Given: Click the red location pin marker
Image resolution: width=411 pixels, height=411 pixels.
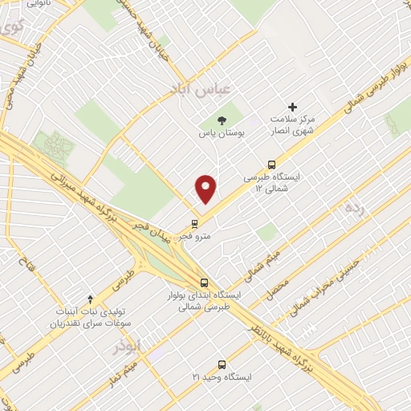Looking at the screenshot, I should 206,188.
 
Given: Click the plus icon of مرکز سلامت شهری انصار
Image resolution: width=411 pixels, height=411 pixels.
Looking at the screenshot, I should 292,106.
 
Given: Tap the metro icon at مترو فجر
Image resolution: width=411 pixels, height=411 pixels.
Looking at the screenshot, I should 195,223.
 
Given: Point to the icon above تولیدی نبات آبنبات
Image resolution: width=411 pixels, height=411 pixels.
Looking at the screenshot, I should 91,299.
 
